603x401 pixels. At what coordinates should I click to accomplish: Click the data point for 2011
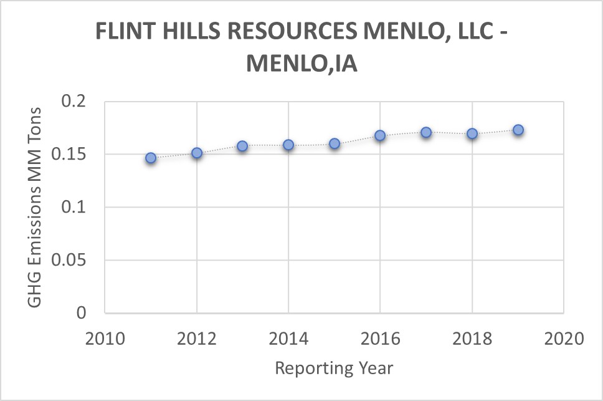tap(151, 158)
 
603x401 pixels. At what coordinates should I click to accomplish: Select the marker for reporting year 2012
tap(197, 153)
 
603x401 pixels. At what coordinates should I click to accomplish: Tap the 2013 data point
tap(242, 146)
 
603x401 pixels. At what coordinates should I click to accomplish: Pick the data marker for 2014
tap(288, 145)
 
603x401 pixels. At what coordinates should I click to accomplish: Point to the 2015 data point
tap(335, 143)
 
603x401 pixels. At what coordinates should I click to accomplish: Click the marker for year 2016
tap(380, 135)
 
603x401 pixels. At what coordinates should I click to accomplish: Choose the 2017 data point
tap(426, 132)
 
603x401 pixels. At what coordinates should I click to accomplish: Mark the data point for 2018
tap(472, 133)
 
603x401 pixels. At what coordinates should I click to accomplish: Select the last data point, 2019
tap(518, 130)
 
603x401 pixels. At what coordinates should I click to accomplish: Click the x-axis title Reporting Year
tap(334, 368)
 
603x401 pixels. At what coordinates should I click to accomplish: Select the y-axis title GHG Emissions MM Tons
tap(35, 207)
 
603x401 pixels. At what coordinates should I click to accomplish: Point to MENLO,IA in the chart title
tap(301, 64)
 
